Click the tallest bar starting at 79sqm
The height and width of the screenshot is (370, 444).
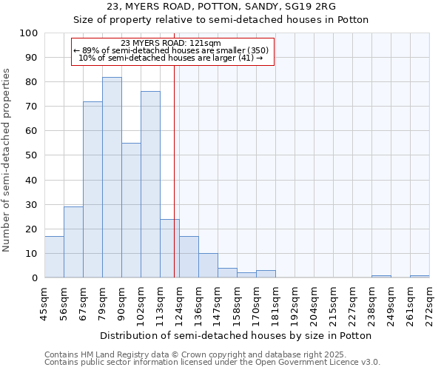(x=112, y=178)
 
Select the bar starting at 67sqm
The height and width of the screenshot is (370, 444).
(x=92, y=189)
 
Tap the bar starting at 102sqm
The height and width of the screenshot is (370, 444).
(x=150, y=184)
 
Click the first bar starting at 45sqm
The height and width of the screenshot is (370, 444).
(x=54, y=257)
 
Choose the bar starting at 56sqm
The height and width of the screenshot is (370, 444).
(x=73, y=242)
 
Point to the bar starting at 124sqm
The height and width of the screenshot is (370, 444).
(x=189, y=257)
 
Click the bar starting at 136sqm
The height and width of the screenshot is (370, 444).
(x=208, y=266)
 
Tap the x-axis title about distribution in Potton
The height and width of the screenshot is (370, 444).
(x=235, y=335)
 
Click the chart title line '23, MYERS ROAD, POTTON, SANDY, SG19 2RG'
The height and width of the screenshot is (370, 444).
(x=221, y=7)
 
